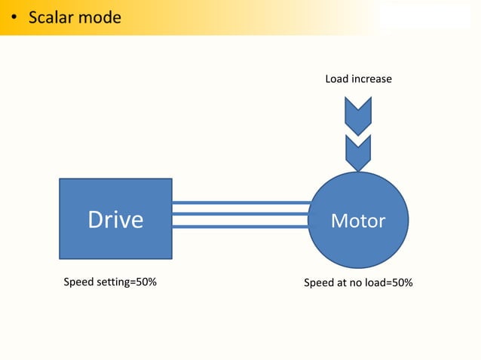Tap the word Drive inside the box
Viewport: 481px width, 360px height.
click(115, 219)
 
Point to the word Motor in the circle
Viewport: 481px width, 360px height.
click(358, 221)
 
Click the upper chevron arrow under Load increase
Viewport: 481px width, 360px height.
click(357, 114)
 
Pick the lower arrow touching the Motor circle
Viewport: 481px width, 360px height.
click(357, 152)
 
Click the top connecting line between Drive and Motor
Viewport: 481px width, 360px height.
click(240, 203)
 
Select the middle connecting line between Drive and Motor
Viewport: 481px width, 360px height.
click(240, 214)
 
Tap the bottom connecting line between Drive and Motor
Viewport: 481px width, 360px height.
click(240, 225)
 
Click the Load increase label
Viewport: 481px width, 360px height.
click(358, 78)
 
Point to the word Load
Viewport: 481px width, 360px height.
click(336, 78)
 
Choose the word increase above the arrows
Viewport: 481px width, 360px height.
click(371, 78)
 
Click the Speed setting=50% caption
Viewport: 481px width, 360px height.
click(109, 283)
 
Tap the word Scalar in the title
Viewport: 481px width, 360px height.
click(51, 17)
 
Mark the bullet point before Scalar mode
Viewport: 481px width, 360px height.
click(14, 17)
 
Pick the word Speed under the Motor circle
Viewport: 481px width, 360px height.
click(318, 283)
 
